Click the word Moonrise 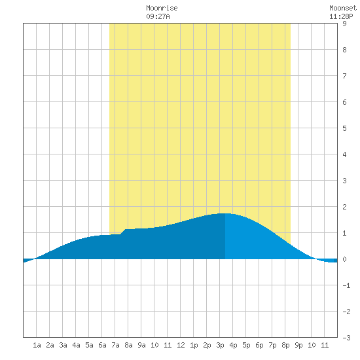click(162, 8)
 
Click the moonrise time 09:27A click(158, 16)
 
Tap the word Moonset click(343, 8)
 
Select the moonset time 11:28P click(341, 16)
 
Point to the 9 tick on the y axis click(344, 24)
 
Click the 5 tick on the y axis click(344, 128)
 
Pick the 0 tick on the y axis click(344, 259)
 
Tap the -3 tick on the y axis click(346, 338)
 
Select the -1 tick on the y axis click(346, 285)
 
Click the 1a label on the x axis click(37, 345)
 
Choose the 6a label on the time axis click(102, 345)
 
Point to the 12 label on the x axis click(181, 345)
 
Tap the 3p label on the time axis click(220, 345)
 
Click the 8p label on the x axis click(285, 345)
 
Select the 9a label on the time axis click(141, 345)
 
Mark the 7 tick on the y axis click(344, 76)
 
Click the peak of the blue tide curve click(225, 213)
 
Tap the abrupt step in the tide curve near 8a click(123, 232)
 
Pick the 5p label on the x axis click(246, 345)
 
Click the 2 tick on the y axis click(344, 207)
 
